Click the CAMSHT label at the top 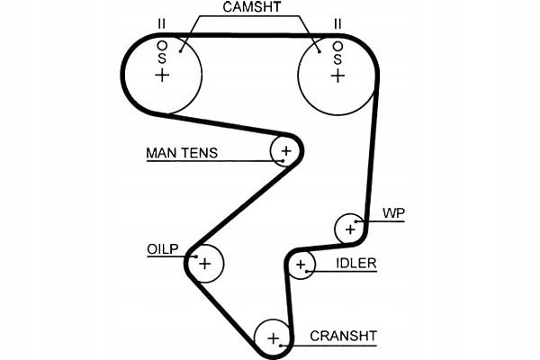click(251, 7)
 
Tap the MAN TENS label click(182, 153)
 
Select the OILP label click(163, 249)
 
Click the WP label click(393, 213)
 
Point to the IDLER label click(356, 264)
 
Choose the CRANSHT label click(344, 336)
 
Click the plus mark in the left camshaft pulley click(162, 75)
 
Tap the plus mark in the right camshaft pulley click(337, 76)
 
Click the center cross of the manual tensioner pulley click(286, 151)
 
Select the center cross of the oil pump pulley click(205, 264)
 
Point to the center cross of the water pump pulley click(350, 229)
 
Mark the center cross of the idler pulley click(301, 265)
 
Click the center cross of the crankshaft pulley click(273, 338)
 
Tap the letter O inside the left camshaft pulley click(162, 46)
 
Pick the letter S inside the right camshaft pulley click(337, 59)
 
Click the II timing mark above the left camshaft click(161, 24)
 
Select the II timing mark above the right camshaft click(337, 24)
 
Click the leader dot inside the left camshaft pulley click(180, 51)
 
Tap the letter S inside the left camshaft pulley click(162, 58)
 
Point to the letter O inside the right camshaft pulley click(337, 46)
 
